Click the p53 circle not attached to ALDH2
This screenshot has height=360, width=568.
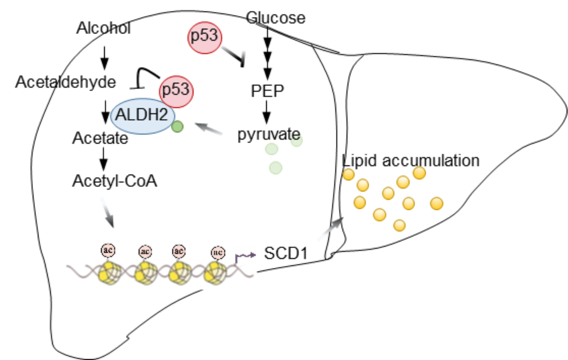[x=205, y=37]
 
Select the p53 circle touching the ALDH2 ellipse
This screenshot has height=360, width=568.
[x=176, y=91]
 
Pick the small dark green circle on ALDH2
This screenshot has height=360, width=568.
[x=178, y=126]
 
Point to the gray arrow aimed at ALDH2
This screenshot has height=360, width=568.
[x=208, y=129]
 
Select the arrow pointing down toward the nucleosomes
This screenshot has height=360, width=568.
[x=107, y=212]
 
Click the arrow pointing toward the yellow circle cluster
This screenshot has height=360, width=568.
[x=330, y=230]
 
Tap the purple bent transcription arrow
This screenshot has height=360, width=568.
[x=245, y=256]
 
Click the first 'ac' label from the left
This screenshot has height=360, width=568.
[x=108, y=250]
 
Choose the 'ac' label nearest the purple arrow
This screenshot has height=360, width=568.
[x=218, y=252]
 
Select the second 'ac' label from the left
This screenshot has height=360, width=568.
[x=145, y=252]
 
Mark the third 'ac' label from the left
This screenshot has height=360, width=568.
[x=179, y=251]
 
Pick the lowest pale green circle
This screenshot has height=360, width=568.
[x=276, y=168]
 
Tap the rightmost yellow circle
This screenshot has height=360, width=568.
[x=437, y=203]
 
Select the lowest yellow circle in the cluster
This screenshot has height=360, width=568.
[x=399, y=225]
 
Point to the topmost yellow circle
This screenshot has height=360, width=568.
[x=419, y=173]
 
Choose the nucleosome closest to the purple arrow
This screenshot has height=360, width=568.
[x=215, y=273]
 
